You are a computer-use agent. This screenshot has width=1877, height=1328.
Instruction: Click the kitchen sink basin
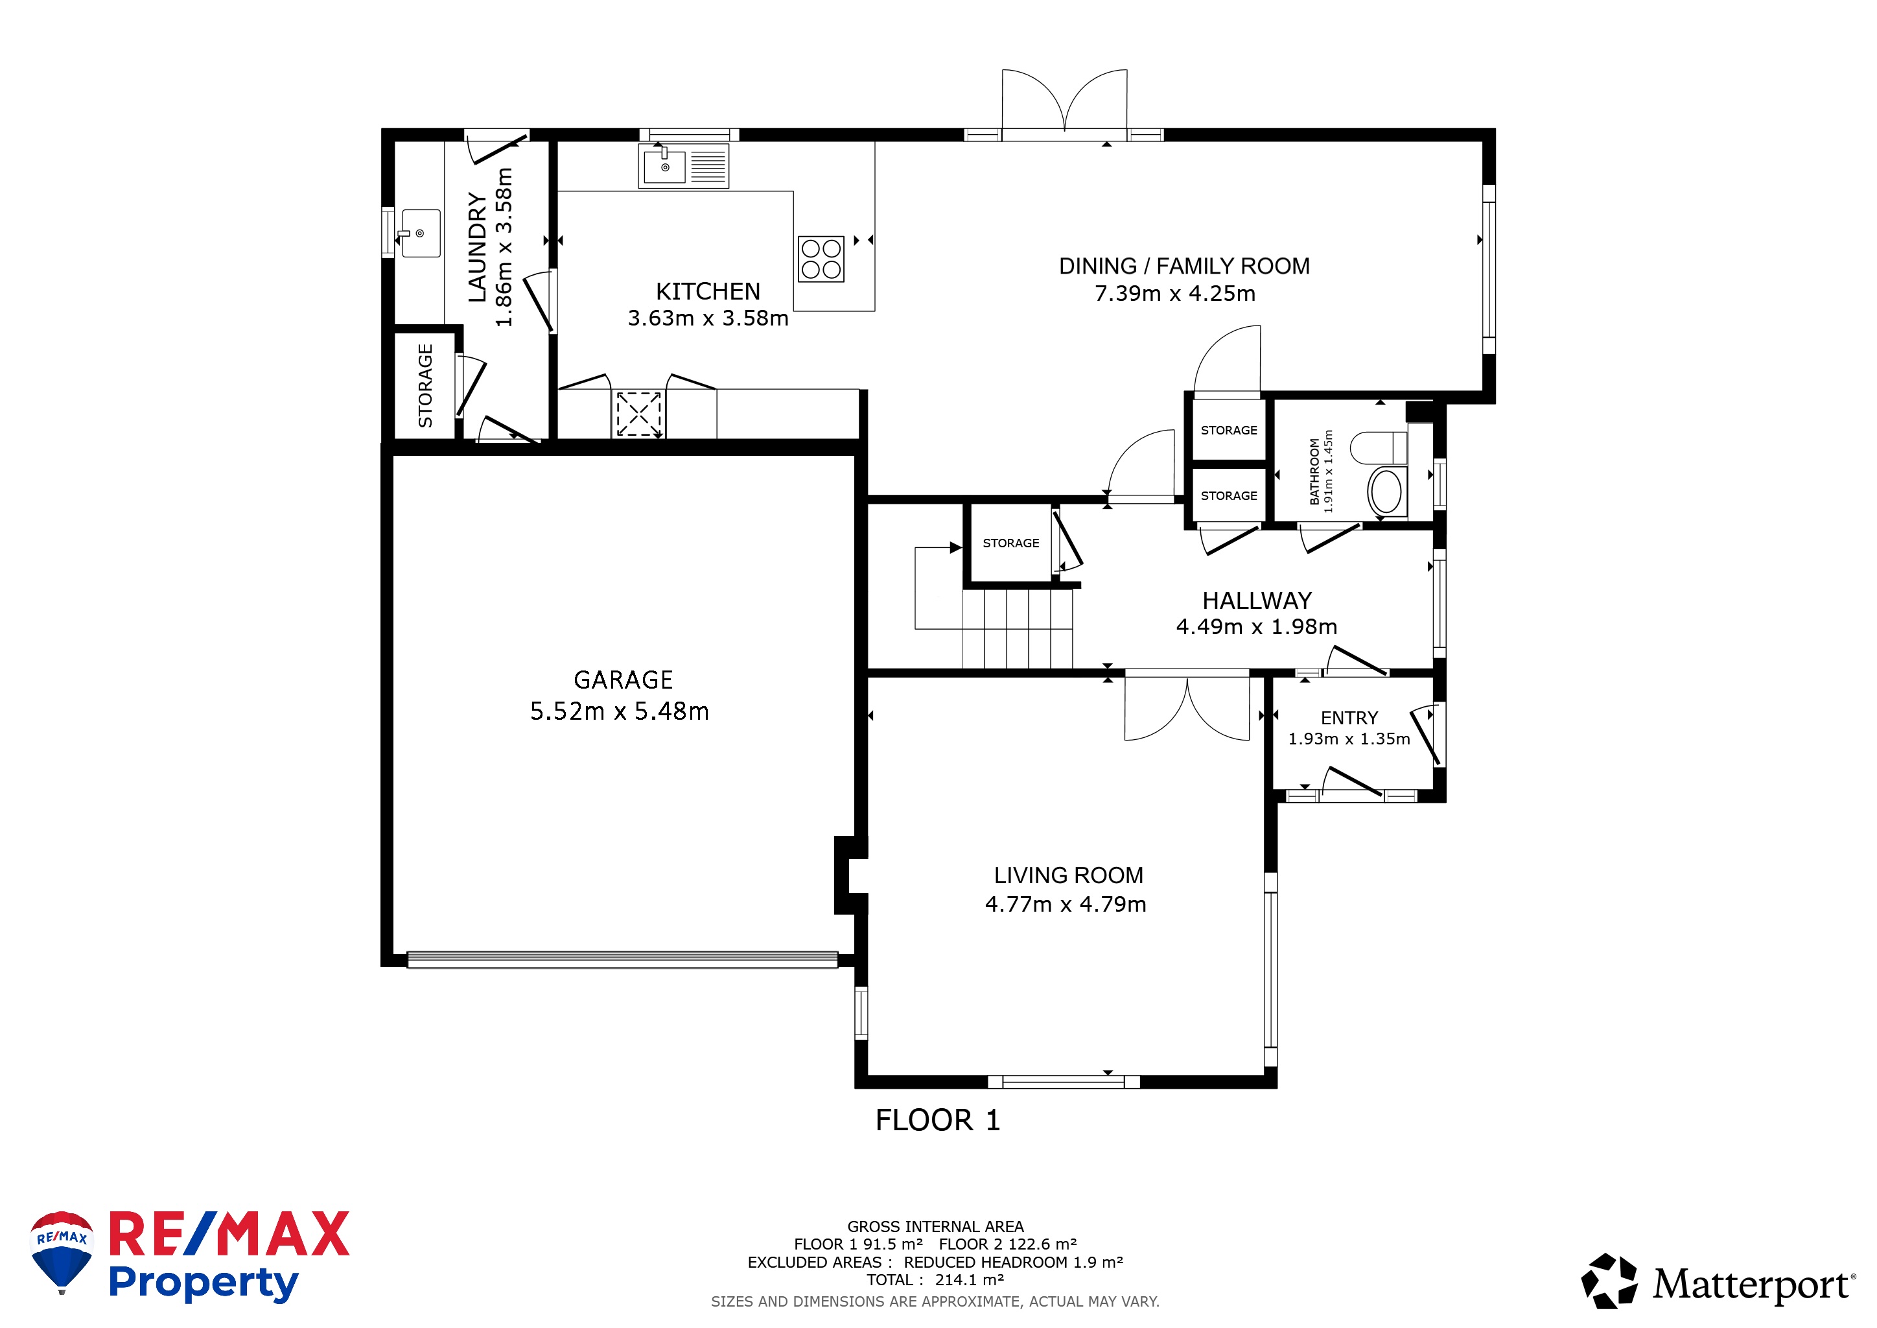point(664,167)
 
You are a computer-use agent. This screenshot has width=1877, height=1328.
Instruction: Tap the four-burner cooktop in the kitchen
point(822,259)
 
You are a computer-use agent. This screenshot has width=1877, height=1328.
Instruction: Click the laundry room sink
point(420,233)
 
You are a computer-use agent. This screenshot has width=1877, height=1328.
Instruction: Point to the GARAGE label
point(623,680)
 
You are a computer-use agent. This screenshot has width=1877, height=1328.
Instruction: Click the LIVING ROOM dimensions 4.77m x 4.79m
point(1066,905)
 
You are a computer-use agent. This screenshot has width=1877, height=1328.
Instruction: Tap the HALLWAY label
point(1257,601)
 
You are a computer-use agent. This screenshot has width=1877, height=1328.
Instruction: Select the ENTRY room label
point(1349,718)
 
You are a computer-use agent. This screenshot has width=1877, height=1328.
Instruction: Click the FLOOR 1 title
point(938,1120)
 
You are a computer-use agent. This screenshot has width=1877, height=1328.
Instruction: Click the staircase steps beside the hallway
point(1017,630)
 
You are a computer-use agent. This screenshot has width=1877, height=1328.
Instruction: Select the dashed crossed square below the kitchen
point(638,414)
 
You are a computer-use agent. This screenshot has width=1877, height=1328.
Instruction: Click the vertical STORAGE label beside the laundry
point(425,386)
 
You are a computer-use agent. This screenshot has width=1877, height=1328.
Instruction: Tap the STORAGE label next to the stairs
point(1011,543)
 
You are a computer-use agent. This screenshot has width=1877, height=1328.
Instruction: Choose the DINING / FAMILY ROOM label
point(1183,267)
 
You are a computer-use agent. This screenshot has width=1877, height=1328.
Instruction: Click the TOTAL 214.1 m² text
point(935,1280)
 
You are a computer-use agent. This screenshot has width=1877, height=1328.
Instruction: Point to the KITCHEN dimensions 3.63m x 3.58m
point(708,318)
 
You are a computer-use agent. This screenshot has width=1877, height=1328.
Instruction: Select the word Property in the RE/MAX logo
point(204,1284)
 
